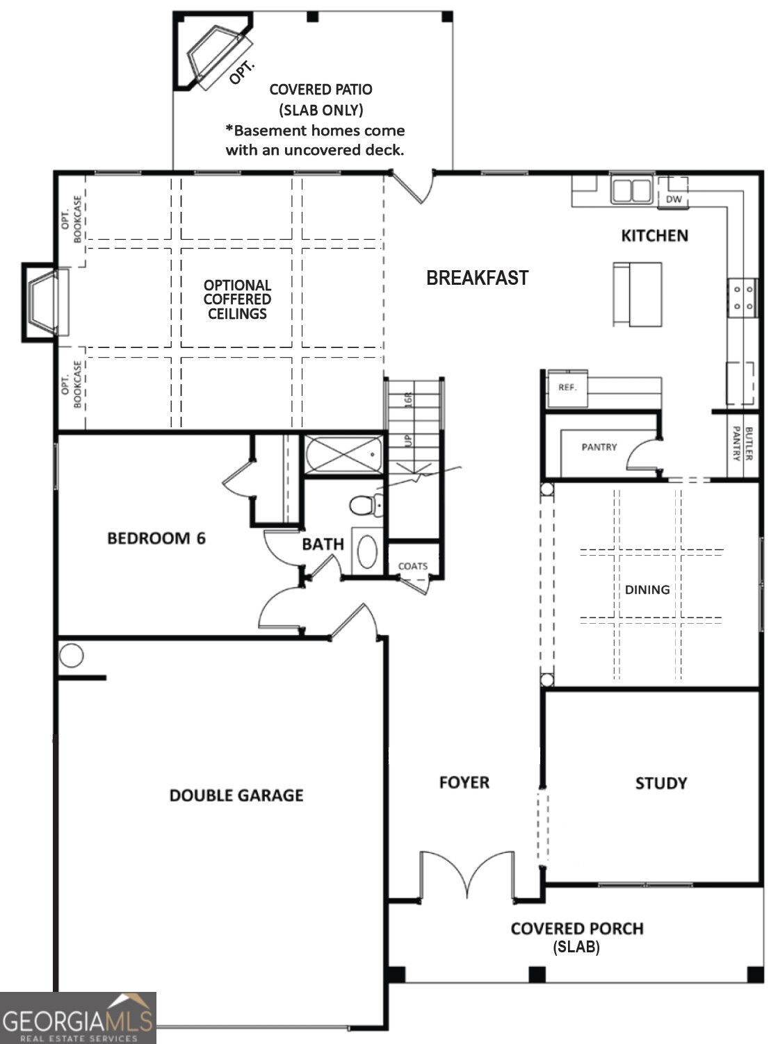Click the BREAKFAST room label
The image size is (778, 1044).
pos(477,278)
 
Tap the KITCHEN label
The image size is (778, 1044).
pos(654,235)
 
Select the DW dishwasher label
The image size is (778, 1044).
pos(674,199)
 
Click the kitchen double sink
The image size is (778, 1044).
pos(631,190)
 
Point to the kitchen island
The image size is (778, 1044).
pos(638,294)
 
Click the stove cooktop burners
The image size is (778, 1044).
pos(742,297)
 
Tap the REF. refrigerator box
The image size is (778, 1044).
pos(567,388)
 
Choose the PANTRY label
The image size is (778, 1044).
pos(599,447)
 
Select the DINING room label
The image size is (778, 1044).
pos(647,590)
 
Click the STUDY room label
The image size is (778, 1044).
pos(661,784)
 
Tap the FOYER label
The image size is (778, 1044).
pos(464,783)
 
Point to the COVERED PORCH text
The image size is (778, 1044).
pos(576,929)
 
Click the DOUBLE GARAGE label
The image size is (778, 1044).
pos(236,795)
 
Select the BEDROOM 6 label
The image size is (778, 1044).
pos(156,538)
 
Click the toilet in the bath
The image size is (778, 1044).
pos(365,505)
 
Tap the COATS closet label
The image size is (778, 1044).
pos(412,566)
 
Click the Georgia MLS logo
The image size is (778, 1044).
pos(78,1018)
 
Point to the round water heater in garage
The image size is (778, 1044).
pos(72,655)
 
